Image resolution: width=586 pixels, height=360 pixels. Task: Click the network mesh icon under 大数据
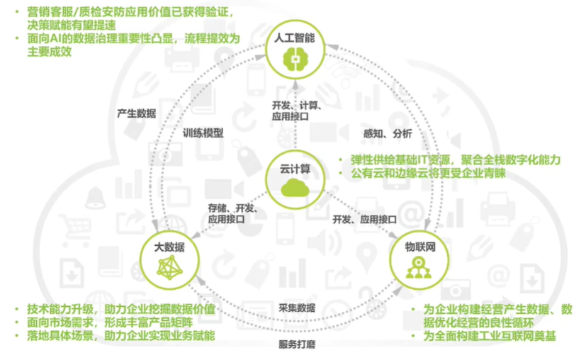click(169, 267)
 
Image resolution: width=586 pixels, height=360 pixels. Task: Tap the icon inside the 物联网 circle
click(419, 268)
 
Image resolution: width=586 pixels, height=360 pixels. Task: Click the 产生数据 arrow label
click(137, 113)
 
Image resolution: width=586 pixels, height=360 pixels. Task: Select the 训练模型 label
click(203, 133)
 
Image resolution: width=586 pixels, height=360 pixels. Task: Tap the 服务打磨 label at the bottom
click(296, 344)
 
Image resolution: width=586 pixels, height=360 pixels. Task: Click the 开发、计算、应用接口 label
click(297, 112)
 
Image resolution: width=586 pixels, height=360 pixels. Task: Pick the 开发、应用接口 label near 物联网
click(364, 220)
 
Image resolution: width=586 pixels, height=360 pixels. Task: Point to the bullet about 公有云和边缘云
click(422, 173)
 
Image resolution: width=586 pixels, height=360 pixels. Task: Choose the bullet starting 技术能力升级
click(120, 309)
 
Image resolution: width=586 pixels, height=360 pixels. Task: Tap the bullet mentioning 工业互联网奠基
click(489, 336)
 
